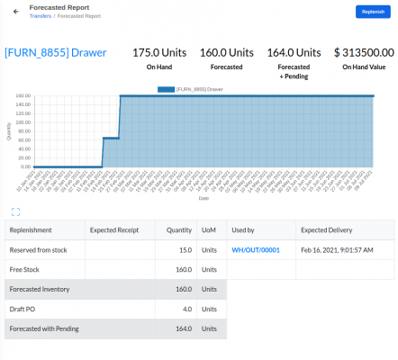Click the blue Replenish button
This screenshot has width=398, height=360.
[x=373, y=11]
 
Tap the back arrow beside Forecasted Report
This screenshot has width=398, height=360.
[x=16, y=11]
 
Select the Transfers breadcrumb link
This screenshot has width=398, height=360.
[x=41, y=16]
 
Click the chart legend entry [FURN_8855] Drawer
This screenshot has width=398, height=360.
[x=193, y=89]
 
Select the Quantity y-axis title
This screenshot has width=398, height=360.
[x=9, y=130]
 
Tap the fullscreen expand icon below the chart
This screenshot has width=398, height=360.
[x=16, y=211]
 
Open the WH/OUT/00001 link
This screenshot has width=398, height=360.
[x=257, y=250]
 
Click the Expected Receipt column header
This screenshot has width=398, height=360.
[x=114, y=230]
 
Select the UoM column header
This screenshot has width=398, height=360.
[x=209, y=230]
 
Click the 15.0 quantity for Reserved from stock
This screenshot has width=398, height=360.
[x=185, y=250]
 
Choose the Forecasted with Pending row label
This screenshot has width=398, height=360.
[x=43, y=329]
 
